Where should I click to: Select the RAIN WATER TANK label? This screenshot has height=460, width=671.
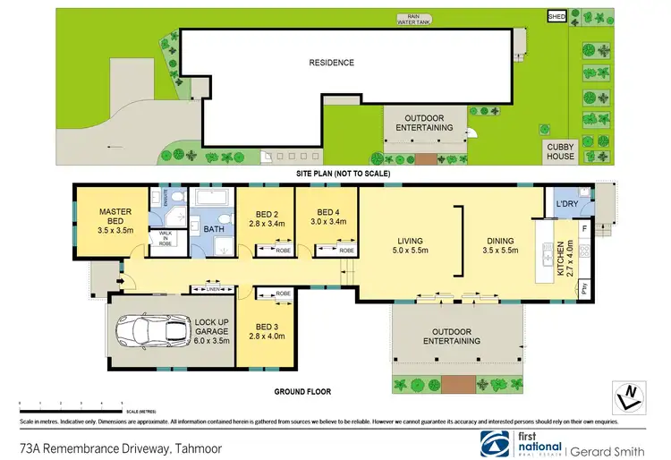(414, 19)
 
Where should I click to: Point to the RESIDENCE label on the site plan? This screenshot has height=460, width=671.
(332, 63)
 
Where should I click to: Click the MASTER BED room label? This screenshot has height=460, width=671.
(115, 217)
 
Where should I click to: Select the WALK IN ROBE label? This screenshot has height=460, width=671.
(166, 237)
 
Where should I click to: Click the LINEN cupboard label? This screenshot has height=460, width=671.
(213, 289)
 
